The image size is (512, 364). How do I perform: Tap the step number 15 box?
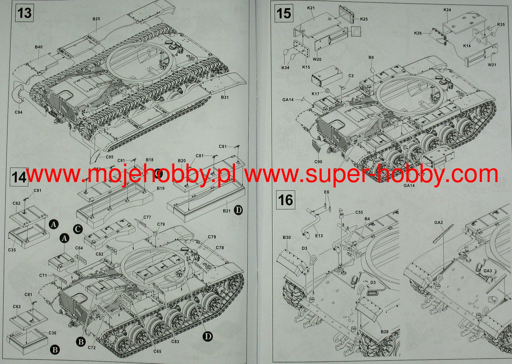point(284,13)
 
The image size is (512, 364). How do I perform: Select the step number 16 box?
point(285,200)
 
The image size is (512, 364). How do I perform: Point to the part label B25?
point(96,19)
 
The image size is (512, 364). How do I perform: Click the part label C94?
point(19,112)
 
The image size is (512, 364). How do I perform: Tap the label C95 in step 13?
point(110,157)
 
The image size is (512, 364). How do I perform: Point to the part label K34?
point(285,68)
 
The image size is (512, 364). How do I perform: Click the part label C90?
point(318,162)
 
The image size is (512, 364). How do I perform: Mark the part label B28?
point(385,332)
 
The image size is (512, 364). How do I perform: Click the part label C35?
point(12,250)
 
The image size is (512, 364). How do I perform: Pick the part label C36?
point(52,333)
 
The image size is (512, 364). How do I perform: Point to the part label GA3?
point(488,271)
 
